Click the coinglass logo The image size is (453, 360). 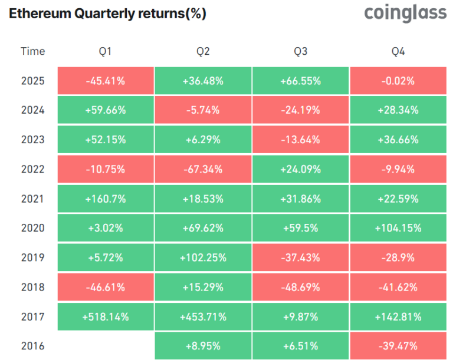[405, 14]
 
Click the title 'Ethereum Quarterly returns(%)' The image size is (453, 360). [107, 14]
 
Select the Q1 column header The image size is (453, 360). [106, 51]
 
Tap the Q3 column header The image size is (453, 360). [300, 51]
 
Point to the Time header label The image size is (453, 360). [32, 51]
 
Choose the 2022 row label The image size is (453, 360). [32, 169]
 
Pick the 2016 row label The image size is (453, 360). [32, 346]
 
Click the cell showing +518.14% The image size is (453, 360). [106, 316]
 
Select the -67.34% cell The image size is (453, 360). [203, 169]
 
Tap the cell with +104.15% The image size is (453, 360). [398, 228]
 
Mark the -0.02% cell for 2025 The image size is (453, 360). [398, 81]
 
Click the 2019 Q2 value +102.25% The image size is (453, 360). [203, 257]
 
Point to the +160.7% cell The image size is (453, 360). [106, 199]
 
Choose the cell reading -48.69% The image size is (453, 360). [300, 287]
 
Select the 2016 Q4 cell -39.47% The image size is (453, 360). [398, 346]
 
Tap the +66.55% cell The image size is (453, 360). [300, 81]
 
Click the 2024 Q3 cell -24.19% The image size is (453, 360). [300, 110]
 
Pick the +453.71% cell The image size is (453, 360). [203, 316]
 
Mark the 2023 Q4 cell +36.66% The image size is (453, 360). [398, 140]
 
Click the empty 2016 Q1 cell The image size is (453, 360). [106, 346]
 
